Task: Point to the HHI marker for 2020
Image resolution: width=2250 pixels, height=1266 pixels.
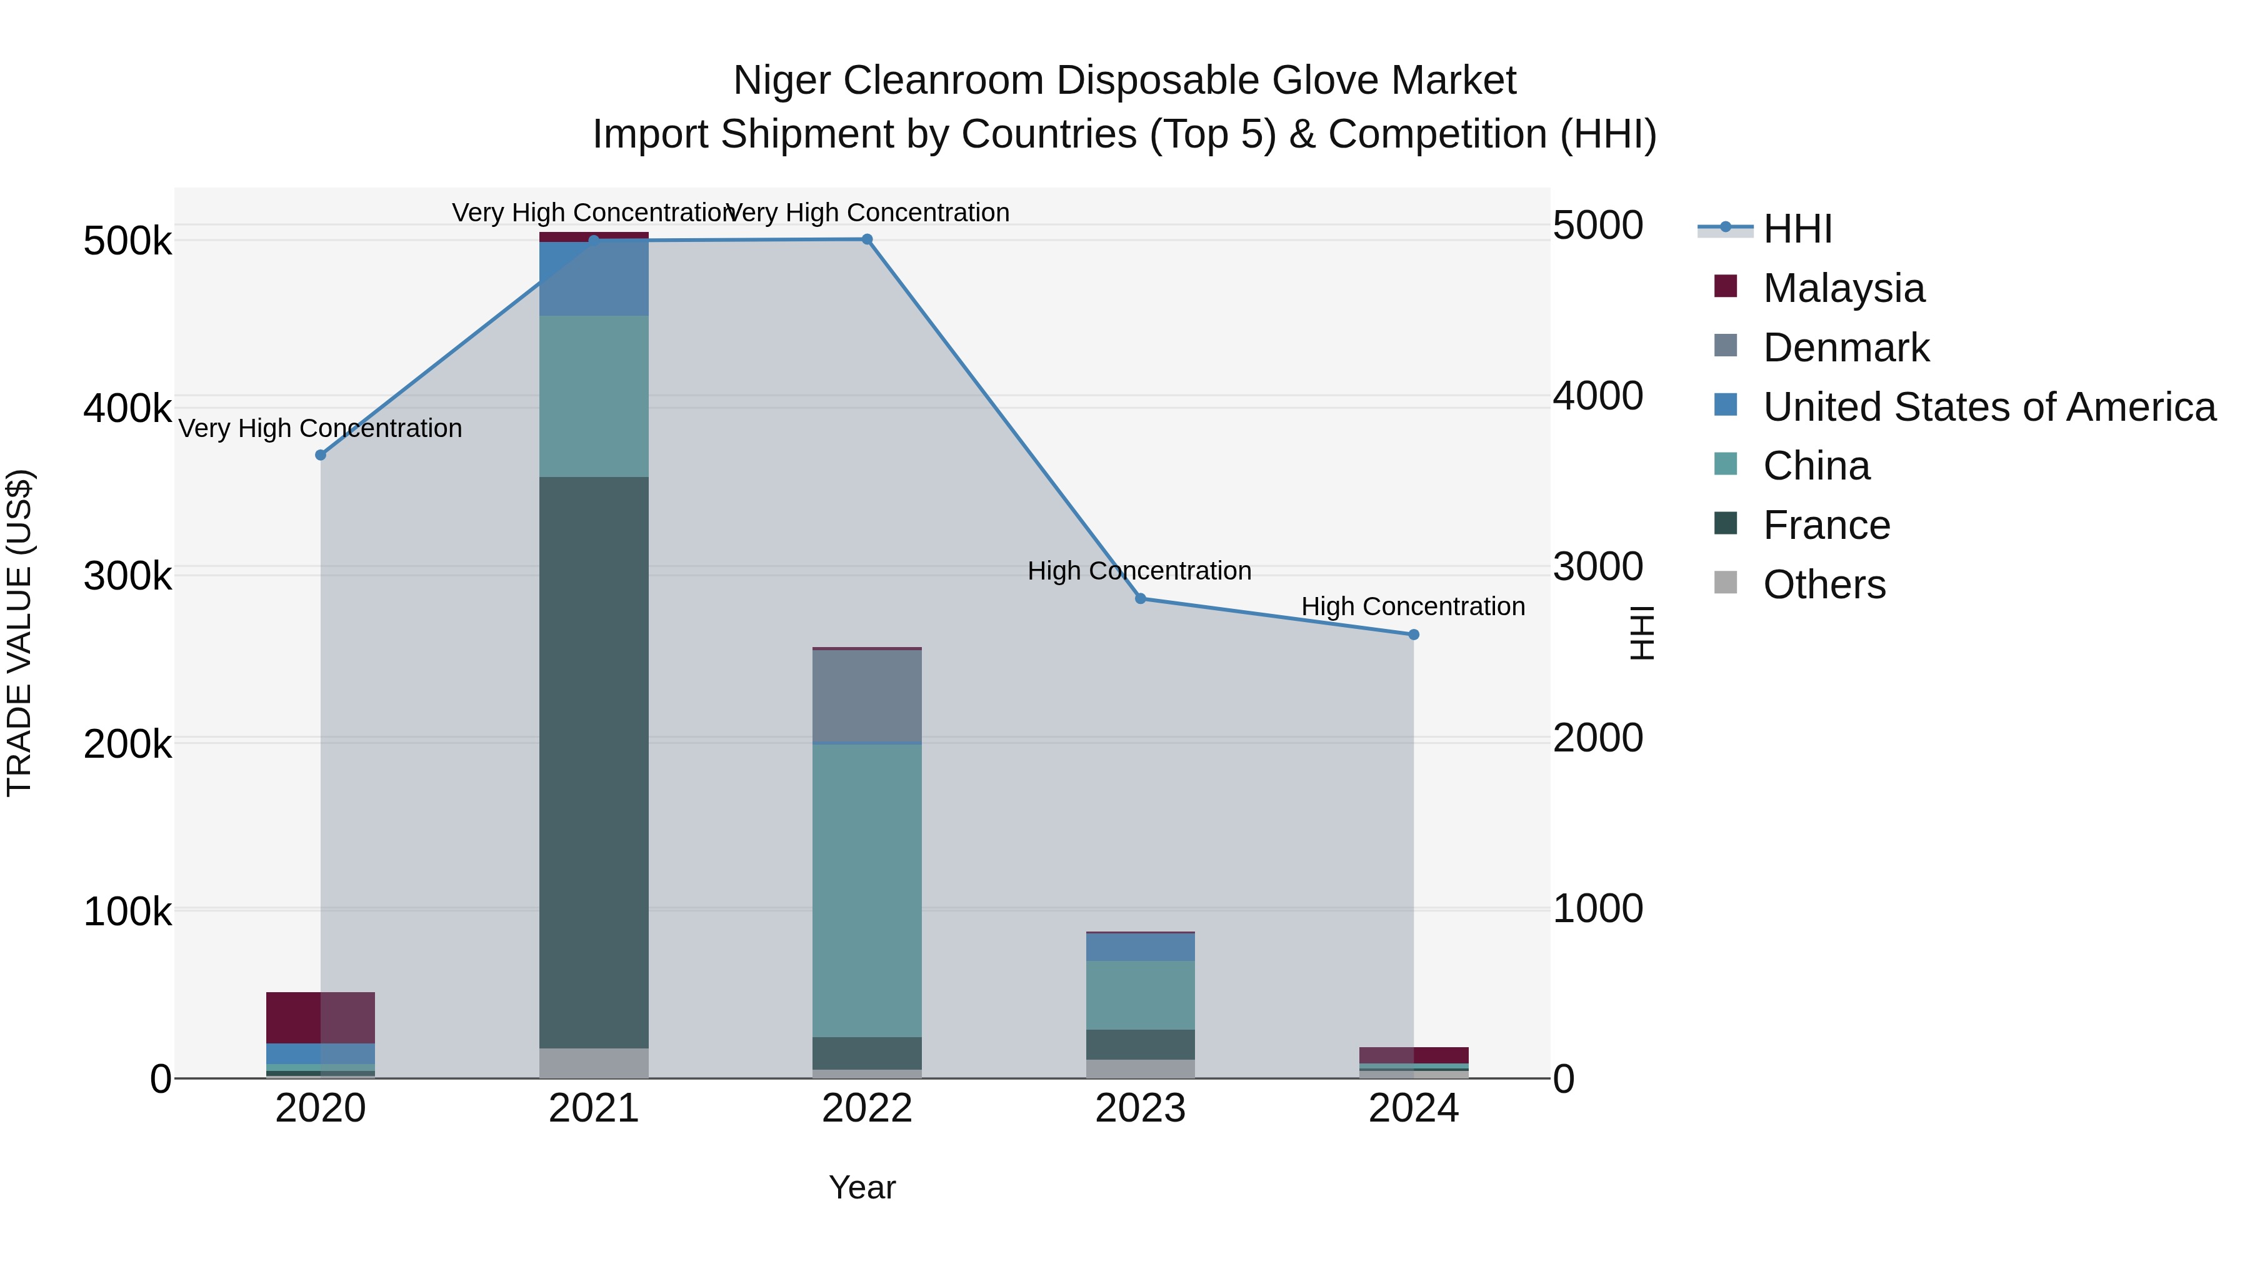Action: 321,455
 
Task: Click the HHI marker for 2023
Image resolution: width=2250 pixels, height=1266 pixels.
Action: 1140,598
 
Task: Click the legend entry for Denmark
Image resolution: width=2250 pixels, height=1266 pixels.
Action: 1845,348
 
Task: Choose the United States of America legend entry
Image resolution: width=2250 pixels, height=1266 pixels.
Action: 1988,407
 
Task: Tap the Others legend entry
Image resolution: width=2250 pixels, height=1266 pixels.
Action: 1824,585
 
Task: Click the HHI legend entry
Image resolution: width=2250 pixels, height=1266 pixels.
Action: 1797,229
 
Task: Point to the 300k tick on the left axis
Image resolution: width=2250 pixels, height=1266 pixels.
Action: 127,576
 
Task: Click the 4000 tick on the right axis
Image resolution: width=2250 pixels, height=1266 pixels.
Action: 1597,396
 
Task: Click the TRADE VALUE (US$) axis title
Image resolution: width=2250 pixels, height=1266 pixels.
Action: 19,633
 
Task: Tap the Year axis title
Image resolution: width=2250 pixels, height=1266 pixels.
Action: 862,1187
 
